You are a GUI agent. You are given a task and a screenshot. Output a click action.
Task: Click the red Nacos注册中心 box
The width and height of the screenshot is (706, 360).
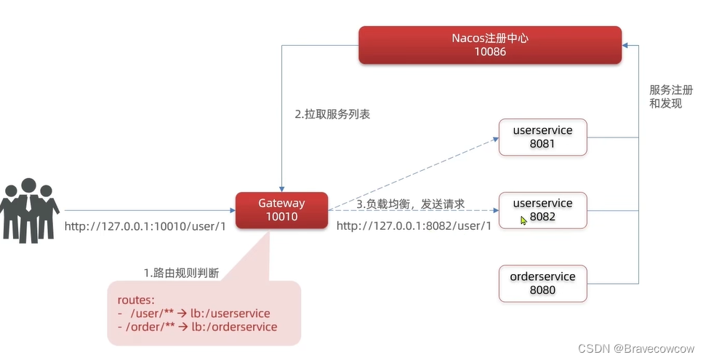(x=490, y=45)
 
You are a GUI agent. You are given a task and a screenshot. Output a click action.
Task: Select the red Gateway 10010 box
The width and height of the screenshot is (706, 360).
(x=282, y=210)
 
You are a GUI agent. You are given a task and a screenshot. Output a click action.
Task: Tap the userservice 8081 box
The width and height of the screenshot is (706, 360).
(x=542, y=137)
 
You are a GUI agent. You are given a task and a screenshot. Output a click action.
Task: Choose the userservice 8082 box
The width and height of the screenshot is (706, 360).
(x=542, y=210)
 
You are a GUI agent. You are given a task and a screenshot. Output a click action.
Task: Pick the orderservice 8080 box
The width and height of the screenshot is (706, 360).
(x=542, y=284)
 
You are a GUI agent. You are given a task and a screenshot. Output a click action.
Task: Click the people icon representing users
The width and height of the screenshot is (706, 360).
(x=29, y=210)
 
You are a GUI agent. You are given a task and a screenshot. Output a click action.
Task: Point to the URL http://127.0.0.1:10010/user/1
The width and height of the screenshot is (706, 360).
(x=145, y=226)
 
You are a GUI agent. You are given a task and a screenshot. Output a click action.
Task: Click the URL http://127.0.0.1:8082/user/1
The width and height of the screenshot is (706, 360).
(x=414, y=225)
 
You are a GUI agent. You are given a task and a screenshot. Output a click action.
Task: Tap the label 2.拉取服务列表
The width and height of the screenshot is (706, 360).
(x=332, y=114)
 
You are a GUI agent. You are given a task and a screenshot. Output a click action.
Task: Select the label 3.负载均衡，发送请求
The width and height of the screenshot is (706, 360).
(x=411, y=204)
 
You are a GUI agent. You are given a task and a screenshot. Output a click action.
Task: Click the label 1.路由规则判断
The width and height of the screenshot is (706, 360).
(x=182, y=273)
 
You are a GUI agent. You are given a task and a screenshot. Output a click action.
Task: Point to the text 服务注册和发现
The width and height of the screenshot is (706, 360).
(x=671, y=97)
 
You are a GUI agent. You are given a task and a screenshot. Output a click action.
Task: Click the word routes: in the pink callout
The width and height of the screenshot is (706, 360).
(x=136, y=300)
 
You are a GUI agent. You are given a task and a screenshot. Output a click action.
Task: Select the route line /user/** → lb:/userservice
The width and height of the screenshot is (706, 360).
(x=194, y=313)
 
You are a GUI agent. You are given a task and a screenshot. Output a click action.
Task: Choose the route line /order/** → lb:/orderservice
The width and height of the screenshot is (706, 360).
(x=198, y=327)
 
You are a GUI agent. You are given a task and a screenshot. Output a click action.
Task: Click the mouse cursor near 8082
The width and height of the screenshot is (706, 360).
(x=524, y=221)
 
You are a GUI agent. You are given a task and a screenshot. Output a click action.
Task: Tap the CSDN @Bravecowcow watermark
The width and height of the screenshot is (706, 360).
(x=636, y=348)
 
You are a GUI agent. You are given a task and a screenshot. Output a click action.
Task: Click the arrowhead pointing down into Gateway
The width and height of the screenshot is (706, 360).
(x=282, y=189)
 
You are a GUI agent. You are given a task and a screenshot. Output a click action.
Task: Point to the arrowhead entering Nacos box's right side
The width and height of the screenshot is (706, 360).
(x=625, y=45)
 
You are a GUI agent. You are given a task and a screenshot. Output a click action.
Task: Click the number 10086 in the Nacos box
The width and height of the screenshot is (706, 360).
(x=490, y=52)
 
